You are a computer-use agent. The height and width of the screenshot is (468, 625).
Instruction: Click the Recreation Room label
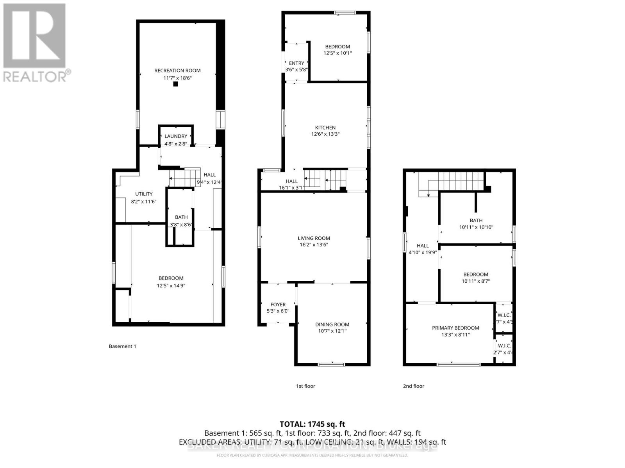[177, 71]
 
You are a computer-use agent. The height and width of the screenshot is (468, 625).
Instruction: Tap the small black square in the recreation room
[175, 84]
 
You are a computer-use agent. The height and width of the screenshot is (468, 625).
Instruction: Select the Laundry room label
[176, 136]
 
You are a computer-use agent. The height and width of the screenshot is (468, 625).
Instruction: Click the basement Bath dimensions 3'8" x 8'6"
[181, 225]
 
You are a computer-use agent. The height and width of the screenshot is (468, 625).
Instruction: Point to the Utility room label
[144, 194]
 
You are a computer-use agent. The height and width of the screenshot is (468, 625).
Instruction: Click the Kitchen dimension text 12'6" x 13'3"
[325, 134]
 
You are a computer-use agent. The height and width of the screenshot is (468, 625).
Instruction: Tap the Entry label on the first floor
[296, 63]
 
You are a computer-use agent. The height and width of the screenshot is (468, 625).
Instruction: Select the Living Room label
[314, 238]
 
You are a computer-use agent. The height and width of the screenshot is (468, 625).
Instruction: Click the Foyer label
[278, 305]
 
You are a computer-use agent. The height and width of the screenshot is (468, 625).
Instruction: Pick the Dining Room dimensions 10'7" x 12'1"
[332, 331]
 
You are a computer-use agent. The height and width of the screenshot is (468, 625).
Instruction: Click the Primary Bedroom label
[455, 328]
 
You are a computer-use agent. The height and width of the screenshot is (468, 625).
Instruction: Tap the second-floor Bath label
[476, 220]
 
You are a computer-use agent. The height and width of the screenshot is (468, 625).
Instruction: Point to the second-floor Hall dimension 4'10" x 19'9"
[423, 252]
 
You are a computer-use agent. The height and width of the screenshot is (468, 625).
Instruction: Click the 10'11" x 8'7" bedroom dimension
[476, 281]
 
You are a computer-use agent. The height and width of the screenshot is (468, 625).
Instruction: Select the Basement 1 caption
[122, 346]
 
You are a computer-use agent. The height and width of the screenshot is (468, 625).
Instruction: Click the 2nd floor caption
[413, 386]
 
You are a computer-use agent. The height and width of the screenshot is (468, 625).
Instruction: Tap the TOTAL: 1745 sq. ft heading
[312, 424]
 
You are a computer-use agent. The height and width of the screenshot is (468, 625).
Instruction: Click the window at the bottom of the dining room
[331, 365]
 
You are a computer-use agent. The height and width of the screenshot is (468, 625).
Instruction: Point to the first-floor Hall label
[291, 181]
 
